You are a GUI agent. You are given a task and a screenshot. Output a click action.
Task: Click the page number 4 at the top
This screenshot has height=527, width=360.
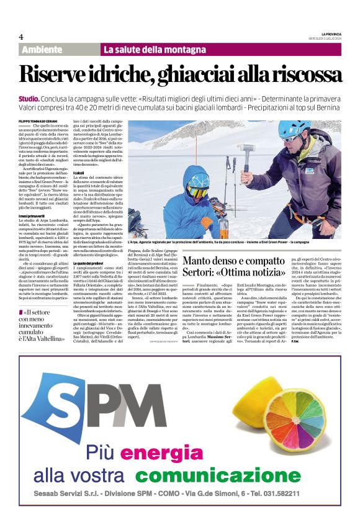pos(21,37)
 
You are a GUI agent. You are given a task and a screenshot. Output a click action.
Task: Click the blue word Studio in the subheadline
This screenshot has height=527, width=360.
pos(29,99)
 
